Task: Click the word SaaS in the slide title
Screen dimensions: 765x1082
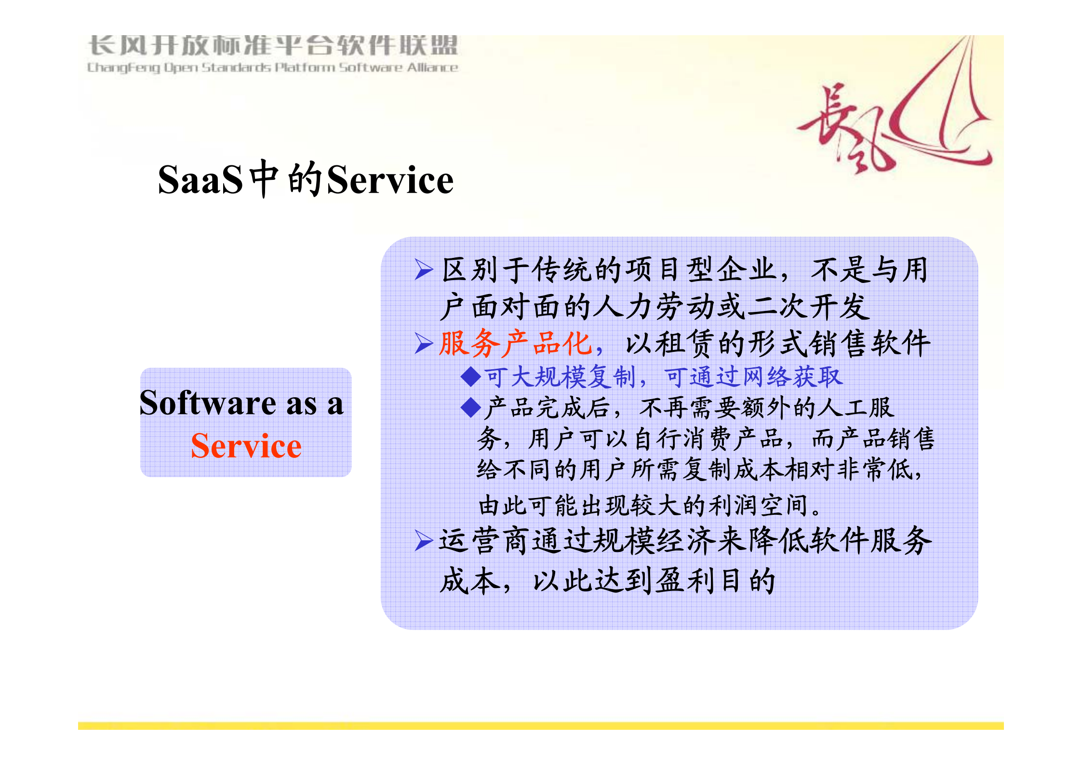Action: click(x=200, y=180)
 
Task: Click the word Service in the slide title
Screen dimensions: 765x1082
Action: click(x=390, y=180)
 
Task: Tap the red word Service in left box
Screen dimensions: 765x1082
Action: click(x=246, y=446)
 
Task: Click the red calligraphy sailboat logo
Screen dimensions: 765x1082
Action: click(x=896, y=116)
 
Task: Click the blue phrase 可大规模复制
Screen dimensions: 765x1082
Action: click(x=560, y=377)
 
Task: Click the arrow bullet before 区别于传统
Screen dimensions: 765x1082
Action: click(x=424, y=269)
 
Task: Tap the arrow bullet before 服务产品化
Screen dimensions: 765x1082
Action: click(x=424, y=344)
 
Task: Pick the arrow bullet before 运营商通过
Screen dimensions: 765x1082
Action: click(x=424, y=540)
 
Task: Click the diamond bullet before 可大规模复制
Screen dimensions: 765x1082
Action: click(x=470, y=376)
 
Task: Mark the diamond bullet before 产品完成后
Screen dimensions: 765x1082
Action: click(x=470, y=408)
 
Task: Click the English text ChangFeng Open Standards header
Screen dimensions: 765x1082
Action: click(x=272, y=67)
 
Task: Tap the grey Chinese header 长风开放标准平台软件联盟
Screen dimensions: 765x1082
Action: click(x=272, y=46)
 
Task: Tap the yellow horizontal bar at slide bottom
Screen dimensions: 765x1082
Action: click(x=540, y=725)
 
